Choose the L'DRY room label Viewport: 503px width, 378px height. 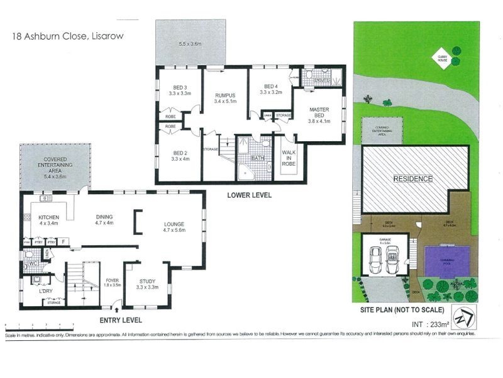click(45, 291)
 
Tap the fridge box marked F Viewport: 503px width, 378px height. click(64, 241)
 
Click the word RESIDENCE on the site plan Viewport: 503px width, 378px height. click(412, 179)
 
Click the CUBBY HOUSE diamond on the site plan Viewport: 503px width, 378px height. click(443, 57)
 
